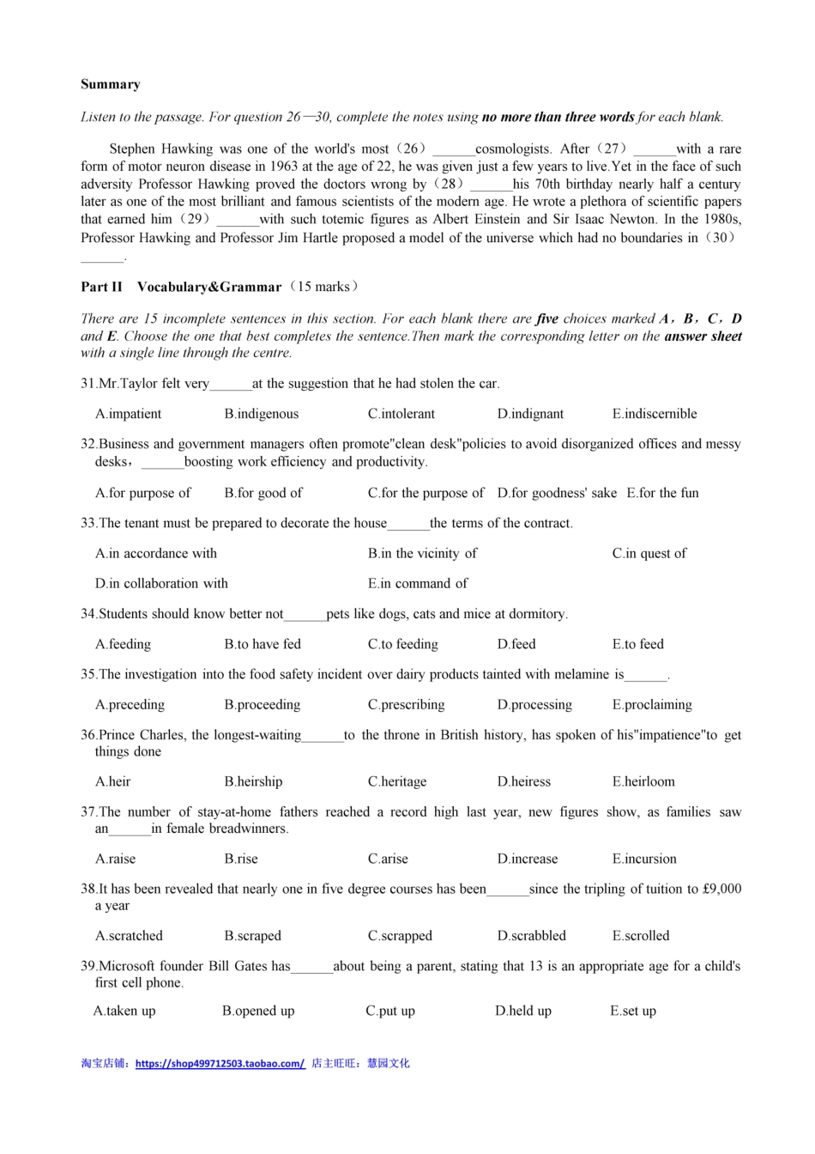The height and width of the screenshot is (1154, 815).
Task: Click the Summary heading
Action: click(111, 84)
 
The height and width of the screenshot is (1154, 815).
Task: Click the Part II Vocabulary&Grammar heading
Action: click(181, 287)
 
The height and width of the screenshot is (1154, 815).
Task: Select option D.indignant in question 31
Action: click(530, 414)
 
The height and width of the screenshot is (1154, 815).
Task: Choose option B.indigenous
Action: click(262, 414)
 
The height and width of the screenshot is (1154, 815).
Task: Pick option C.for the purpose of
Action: click(426, 493)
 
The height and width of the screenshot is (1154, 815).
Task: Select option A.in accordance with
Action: click(156, 554)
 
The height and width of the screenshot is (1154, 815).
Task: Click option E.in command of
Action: click(418, 584)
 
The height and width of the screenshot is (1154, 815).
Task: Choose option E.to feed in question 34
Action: click(637, 645)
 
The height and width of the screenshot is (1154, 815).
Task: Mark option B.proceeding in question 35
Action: click(263, 705)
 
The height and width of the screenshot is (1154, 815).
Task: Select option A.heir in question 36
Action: click(113, 782)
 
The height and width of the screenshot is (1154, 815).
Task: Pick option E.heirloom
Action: click(643, 782)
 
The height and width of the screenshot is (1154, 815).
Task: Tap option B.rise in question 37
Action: click(241, 859)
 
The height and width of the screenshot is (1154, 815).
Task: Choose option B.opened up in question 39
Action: click(258, 1011)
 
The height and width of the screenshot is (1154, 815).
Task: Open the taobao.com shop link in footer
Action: click(220, 1064)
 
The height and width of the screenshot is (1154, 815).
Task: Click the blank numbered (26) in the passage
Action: click(453, 150)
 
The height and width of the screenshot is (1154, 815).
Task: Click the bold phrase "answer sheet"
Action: click(703, 337)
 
